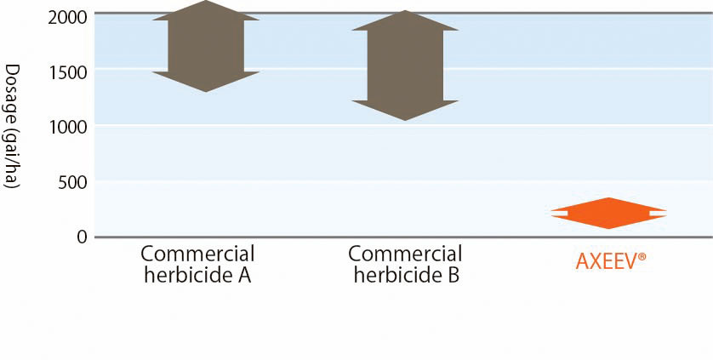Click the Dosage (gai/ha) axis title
[11, 127]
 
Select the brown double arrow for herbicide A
[206, 46]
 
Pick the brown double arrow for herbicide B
[405, 66]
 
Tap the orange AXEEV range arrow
[608, 213]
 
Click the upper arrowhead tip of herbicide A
[206, 1]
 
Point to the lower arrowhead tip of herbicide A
[207, 92]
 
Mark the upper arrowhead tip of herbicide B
[405, 10]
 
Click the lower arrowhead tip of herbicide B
[405, 121]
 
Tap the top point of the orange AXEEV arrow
[608, 197]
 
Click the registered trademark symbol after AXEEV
[642, 257]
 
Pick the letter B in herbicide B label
[453, 276]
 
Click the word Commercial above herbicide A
[197, 254]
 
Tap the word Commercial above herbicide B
[405, 254]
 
